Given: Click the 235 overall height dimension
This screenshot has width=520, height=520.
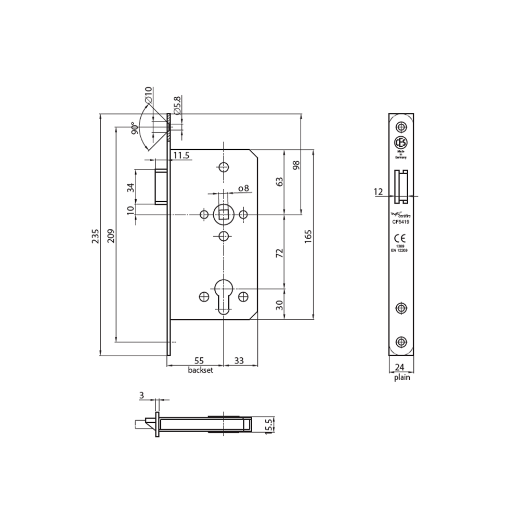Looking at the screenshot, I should coord(95,236).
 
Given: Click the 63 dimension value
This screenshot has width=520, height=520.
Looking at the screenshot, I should coord(279,183).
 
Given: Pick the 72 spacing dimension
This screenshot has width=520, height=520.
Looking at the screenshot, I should coord(279,253).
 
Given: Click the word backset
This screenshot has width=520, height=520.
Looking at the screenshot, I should coord(200,370).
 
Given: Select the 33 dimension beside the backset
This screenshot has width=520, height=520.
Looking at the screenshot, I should coord(239,360).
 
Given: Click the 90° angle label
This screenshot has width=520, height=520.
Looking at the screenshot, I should coord(134,129).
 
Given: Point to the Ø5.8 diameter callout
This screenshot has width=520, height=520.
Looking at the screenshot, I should coord(177,106).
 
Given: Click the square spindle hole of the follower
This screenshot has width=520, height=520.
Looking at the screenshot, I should coord(224,214).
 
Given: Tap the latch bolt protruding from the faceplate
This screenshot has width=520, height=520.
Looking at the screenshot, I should coord(161,185).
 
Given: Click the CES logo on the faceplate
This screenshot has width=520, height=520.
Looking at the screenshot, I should coord(401,143).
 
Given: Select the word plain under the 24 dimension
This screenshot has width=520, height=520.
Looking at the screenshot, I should coord(401,378).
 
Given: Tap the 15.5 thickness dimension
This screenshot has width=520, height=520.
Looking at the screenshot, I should coord(269,425).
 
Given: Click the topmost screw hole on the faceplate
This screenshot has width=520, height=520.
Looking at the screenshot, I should coord(400,126).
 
